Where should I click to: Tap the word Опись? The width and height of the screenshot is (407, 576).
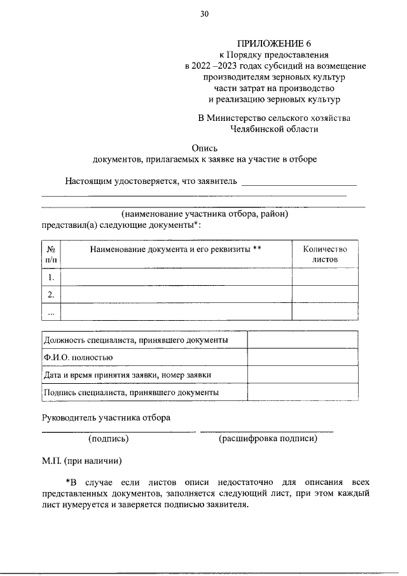pyautogui.click(x=205, y=146)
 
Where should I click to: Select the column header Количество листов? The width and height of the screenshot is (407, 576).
pyautogui.click(x=324, y=255)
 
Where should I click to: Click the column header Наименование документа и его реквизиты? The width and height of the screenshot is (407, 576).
pyautogui.click(x=176, y=249)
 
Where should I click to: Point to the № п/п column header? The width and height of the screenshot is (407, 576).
pyautogui.click(x=51, y=255)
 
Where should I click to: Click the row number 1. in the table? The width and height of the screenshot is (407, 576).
pyautogui.click(x=51, y=277)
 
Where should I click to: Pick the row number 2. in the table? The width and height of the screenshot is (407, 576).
pyautogui.click(x=51, y=295)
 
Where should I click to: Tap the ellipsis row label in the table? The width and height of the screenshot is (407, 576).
pyautogui.click(x=51, y=312)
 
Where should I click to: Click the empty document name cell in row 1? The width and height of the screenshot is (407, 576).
pyautogui.click(x=176, y=277)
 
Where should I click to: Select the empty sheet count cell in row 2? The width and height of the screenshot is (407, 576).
pyautogui.click(x=324, y=295)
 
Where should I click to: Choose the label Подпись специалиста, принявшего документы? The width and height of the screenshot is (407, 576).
pyautogui.click(x=132, y=393)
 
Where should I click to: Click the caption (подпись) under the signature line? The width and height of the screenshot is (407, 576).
pyautogui.click(x=109, y=439)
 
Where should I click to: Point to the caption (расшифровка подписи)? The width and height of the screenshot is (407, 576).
pyautogui.click(x=267, y=439)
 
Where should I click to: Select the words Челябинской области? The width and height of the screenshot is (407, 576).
pyautogui.click(x=275, y=129)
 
